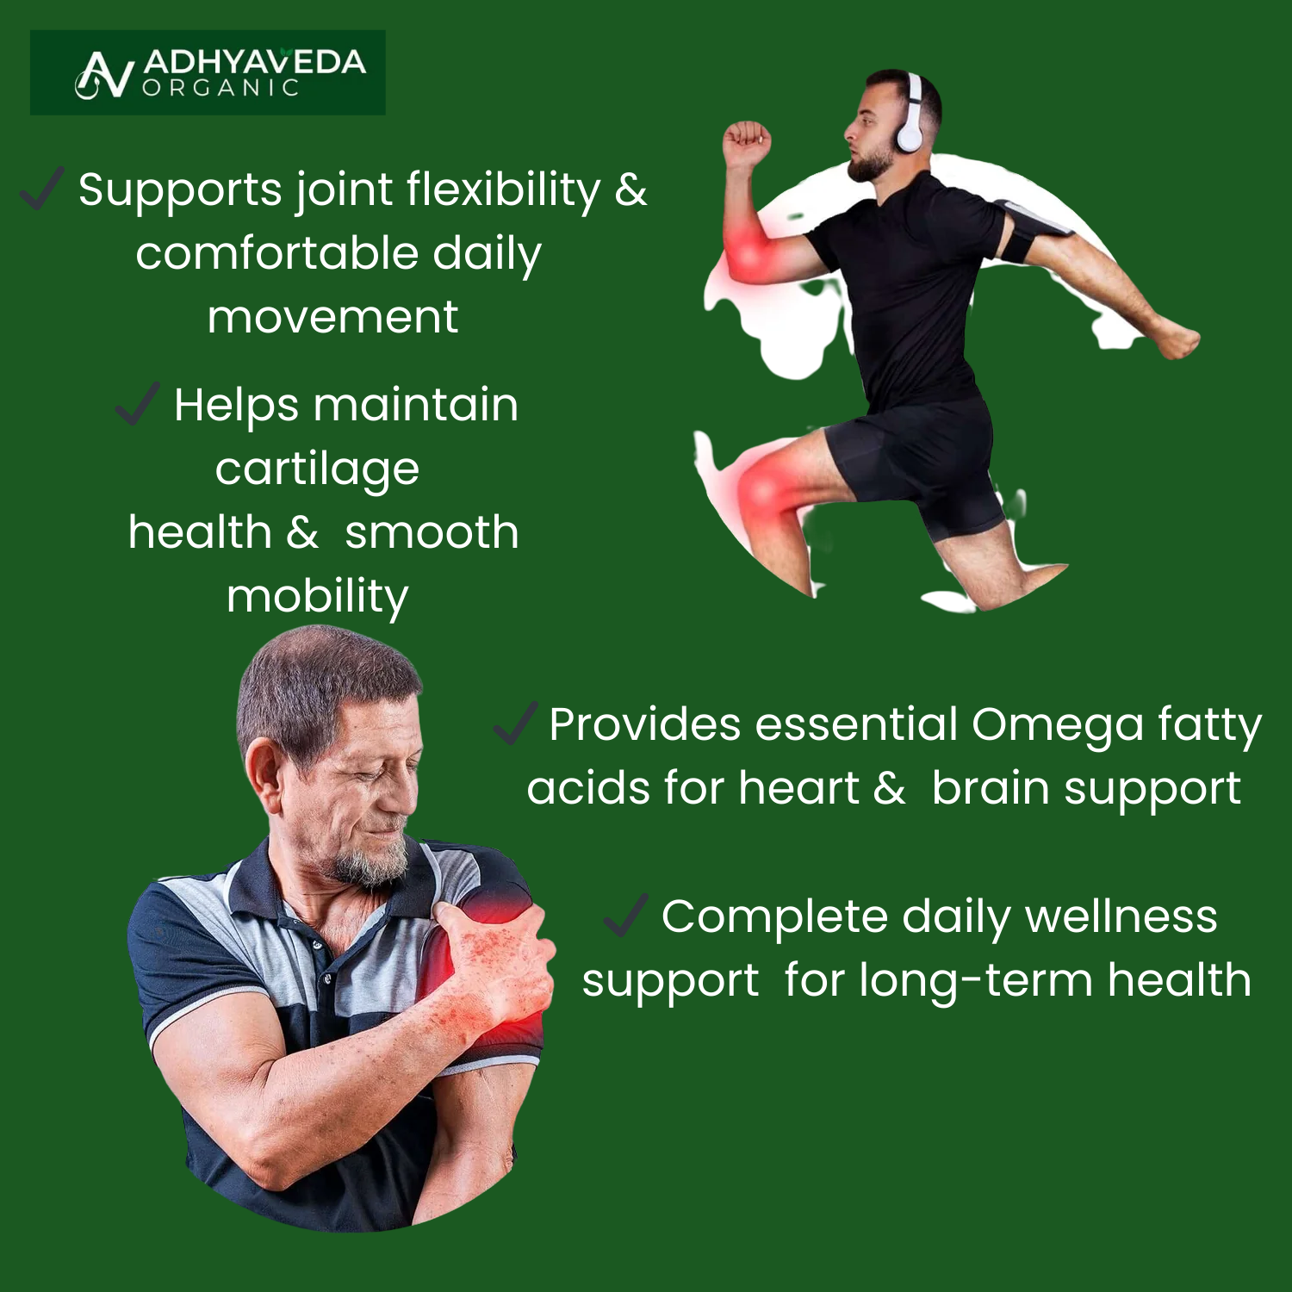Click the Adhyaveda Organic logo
pyautogui.click(x=208, y=73)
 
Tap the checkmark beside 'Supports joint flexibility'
pyautogui.click(x=42, y=189)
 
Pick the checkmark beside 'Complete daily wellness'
pyautogui.click(x=626, y=915)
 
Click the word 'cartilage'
pyautogui.click(x=317, y=469)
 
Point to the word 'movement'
pyautogui.click(x=332, y=317)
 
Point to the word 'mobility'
pyautogui.click(x=317, y=597)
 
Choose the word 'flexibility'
pyautogui.click(x=503, y=189)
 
